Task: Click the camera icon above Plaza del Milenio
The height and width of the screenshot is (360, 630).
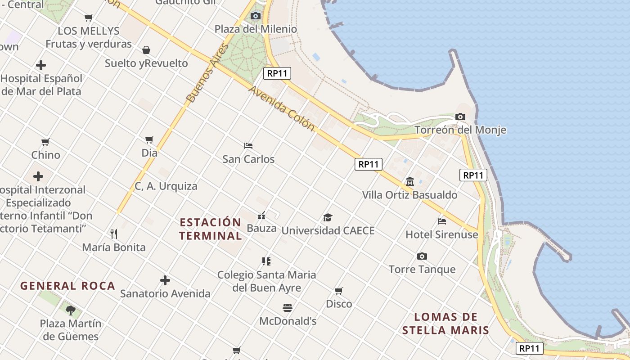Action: pos(256,16)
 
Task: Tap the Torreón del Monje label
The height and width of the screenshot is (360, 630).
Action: pos(460,130)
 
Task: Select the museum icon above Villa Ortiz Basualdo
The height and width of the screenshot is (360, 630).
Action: pos(410,182)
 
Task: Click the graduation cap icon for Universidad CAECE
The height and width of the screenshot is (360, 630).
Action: pos(328,218)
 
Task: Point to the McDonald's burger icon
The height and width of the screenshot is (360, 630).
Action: pos(288,308)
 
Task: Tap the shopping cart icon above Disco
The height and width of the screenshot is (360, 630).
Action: pos(339,291)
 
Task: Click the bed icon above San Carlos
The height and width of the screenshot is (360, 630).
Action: pos(248,146)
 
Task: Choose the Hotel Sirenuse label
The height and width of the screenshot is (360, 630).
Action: pos(441,234)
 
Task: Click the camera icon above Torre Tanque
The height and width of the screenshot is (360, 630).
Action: pos(422,256)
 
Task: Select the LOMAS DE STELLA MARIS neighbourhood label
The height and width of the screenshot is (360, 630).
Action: pos(445,324)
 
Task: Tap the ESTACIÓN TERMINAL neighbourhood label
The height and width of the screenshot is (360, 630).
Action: pos(210,229)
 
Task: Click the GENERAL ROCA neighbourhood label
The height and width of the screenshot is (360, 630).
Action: pos(68,286)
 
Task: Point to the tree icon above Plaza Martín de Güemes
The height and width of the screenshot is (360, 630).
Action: pos(70,310)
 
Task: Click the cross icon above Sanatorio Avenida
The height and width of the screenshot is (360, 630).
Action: pos(165,281)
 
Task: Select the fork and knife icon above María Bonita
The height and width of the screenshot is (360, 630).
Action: pos(114,234)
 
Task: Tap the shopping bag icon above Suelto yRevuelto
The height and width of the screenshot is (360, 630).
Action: pos(146,49)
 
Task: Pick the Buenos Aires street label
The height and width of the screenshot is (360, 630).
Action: pos(207,73)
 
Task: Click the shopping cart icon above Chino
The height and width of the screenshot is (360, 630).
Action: pos(45,142)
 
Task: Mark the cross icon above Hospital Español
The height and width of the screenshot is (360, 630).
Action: pos(41,65)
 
